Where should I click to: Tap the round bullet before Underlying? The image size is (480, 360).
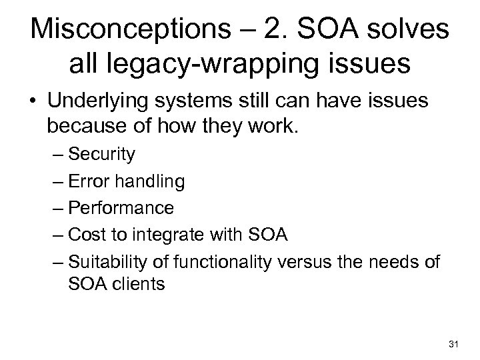click(x=34, y=102)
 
